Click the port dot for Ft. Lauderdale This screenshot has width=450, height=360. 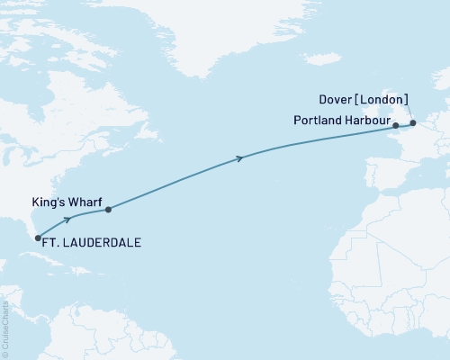click(38, 238)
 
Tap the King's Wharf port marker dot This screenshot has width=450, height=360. click(108, 211)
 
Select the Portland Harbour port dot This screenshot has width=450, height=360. click(395, 127)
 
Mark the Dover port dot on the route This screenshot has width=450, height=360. click(413, 122)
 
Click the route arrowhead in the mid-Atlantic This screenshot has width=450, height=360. click(239, 158)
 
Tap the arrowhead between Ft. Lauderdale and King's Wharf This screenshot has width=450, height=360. click(67, 219)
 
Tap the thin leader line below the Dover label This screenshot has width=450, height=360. click(408, 112)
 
